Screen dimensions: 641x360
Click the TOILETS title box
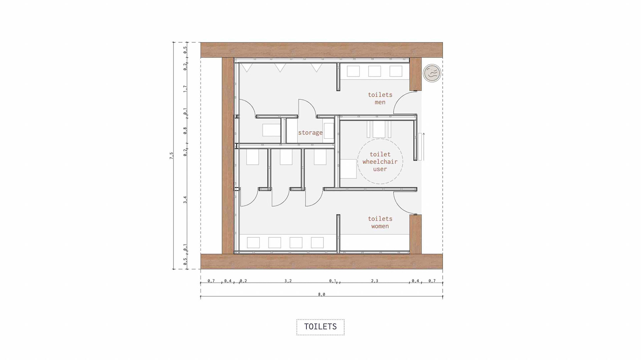click(x=320, y=327)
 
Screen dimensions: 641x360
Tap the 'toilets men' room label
click(x=380, y=99)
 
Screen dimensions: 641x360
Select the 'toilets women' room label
click(x=380, y=222)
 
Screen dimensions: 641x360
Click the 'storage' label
click(x=310, y=133)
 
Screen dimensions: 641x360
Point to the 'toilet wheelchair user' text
click(x=380, y=162)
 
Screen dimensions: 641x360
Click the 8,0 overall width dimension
click(x=322, y=294)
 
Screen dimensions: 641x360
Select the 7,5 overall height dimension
click(x=171, y=156)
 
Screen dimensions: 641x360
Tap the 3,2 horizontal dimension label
click(x=288, y=281)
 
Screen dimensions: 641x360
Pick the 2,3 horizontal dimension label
click(x=375, y=281)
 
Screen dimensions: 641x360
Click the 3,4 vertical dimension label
click(x=185, y=200)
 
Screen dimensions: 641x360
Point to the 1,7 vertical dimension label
click(x=185, y=89)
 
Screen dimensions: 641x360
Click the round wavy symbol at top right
click(x=432, y=73)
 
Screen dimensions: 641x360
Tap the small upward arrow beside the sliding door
click(x=424, y=147)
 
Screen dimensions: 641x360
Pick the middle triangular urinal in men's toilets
click(x=280, y=68)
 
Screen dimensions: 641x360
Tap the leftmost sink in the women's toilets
click(x=253, y=243)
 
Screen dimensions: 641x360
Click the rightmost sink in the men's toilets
click(x=396, y=71)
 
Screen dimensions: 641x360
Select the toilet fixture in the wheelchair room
click(x=379, y=129)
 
